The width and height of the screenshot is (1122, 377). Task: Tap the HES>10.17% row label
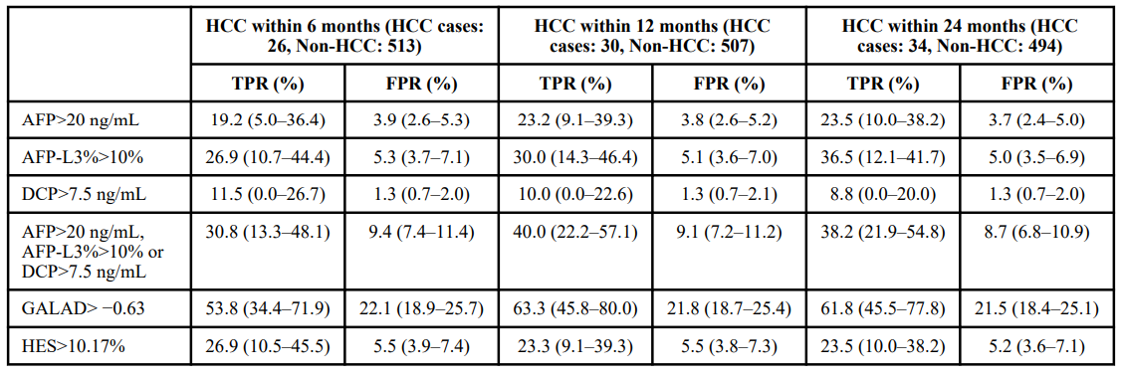[x=64, y=347]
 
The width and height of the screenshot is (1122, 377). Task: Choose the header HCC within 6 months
[x=344, y=35]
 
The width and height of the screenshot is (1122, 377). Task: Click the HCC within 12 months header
[x=652, y=35]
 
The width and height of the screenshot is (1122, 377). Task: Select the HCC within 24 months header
[x=960, y=35]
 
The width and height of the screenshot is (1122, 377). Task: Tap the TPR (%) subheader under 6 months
[x=268, y=83]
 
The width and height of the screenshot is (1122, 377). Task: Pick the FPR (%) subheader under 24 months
[x=1036, y=83]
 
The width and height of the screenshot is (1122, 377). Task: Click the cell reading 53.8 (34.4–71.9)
[x=268, y=308]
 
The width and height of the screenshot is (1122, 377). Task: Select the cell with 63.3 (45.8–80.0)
[x=575, y=308]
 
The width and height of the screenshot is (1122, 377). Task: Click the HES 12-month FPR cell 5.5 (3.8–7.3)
[x=729, y=347]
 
